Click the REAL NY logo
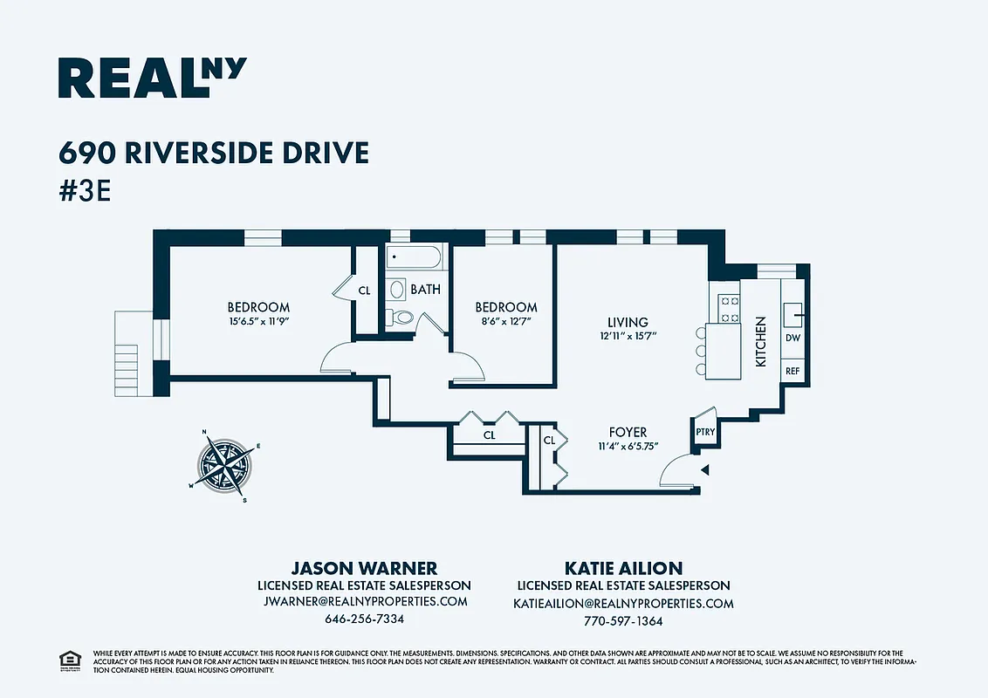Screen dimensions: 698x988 click(x=152, y=78)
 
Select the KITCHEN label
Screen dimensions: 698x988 click(x=760, y=341)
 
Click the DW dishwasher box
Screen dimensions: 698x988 click(x=792, y=338)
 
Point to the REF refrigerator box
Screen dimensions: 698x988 click(x=792, y=371)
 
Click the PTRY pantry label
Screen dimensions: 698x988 click(x=704, y=432)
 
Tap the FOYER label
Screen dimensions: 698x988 click(x=628, y=432)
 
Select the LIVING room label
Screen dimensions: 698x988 click(x=628, y=323)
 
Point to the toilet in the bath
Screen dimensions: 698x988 click(x=401, y=318)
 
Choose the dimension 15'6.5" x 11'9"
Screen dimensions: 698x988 click(x=258, y=321)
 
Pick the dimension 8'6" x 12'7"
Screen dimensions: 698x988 click(x=506, y=321)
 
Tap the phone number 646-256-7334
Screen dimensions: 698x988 click(x=364, y=619)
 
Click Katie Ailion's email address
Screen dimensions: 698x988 click(x=623, y=604)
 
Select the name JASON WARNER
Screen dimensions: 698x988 click(x=364, y=568)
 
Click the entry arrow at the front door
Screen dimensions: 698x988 click(x=705, y=470)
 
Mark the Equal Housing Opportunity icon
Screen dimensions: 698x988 click(x=66, y=660)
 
